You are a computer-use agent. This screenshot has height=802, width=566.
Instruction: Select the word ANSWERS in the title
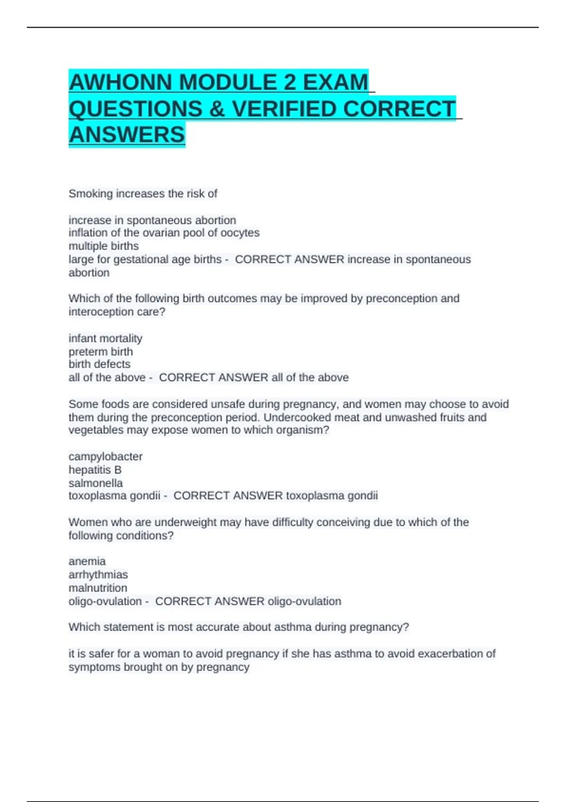pos(127,135)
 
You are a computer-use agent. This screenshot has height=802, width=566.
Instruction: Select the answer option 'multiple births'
pos(104,246)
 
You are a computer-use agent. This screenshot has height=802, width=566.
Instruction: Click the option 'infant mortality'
pos(105,338)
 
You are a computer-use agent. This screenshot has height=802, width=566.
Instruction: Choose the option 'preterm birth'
pos(100,351)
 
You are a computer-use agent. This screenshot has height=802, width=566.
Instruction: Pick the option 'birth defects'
pos(100,364)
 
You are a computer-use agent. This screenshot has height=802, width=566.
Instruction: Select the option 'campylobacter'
pos(105,457)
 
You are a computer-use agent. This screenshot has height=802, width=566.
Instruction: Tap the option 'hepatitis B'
pos(95,470)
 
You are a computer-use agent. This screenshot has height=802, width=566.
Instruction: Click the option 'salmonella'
pos(95,483)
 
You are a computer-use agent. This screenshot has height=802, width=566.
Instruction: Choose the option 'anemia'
pos(87,561)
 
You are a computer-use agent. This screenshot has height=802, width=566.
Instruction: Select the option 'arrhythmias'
pos(98,575)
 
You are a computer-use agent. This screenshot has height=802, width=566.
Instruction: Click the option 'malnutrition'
pos(98,588)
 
